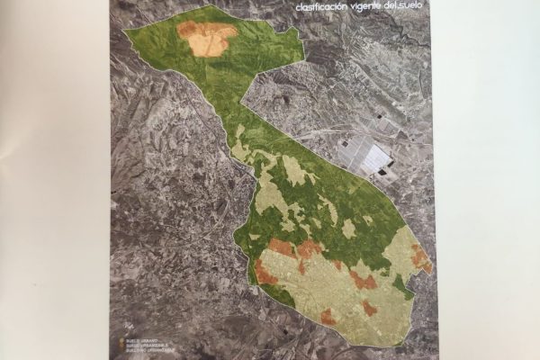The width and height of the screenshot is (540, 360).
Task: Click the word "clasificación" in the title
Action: click(x=322, y=9)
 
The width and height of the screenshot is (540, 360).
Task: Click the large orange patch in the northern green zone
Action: click(x=208, y=38)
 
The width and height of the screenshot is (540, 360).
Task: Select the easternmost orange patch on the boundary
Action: click(x=420, y=258)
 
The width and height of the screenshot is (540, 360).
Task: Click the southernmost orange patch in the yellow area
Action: click(x=328, y=317)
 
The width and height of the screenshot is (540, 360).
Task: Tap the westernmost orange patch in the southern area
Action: click(x=265, y=271)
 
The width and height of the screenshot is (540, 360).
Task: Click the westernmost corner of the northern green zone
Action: click(x=125, y=32)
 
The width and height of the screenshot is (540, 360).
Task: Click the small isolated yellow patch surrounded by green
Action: click(x=348, y=229)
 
